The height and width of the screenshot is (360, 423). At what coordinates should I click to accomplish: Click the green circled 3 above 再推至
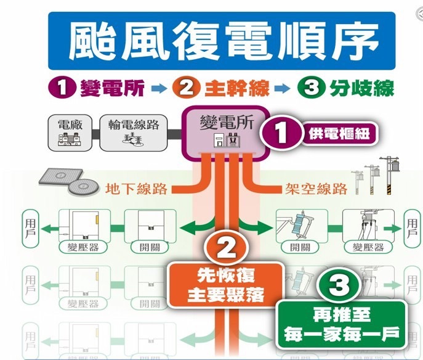(340, 287)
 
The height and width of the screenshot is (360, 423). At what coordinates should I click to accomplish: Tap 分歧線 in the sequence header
(366, 89)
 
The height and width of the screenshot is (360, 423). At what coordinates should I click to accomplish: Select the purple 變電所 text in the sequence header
(113, 89)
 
